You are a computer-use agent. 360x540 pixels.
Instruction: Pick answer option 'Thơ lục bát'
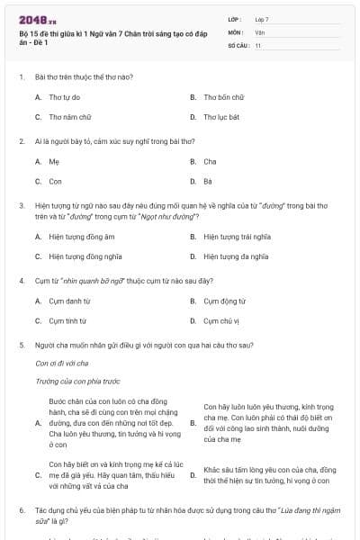coord(221,116)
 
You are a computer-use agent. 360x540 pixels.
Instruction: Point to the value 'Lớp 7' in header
coord(262,18)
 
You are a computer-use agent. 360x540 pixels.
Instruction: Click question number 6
coord(21,508)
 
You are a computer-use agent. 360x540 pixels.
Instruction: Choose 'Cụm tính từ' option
coord(67,320)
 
